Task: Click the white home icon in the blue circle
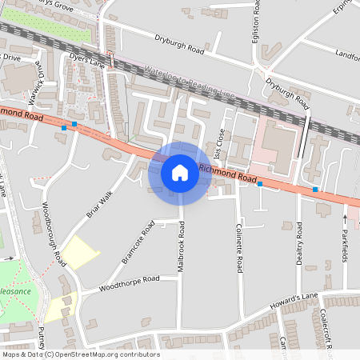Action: tap(180, 173)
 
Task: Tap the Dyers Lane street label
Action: tap(86, 61)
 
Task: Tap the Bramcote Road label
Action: tap(137, 246)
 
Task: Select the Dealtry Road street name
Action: tap(299, 249)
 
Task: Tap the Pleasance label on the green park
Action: tap(16, 291)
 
